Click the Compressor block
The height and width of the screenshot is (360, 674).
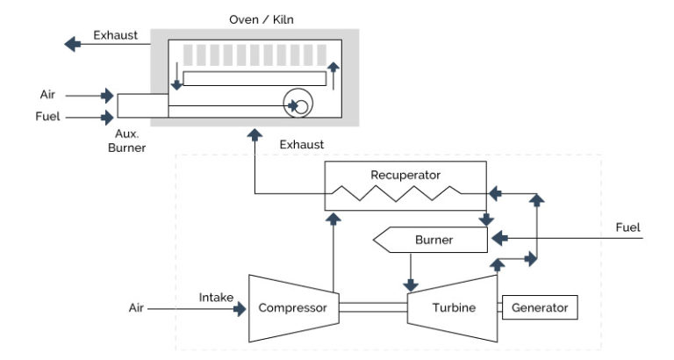[292, 308]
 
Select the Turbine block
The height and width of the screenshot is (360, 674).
[454, 308]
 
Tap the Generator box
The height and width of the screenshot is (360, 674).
[540, 307]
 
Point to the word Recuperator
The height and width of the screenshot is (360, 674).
[405, 175]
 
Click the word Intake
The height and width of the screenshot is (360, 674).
[216, 298]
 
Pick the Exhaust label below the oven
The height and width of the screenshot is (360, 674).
[302, 144]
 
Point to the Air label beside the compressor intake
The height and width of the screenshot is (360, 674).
[136, 308]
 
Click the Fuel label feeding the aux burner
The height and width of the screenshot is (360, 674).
[48, 116]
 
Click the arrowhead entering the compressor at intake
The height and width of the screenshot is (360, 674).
[240, 309]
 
